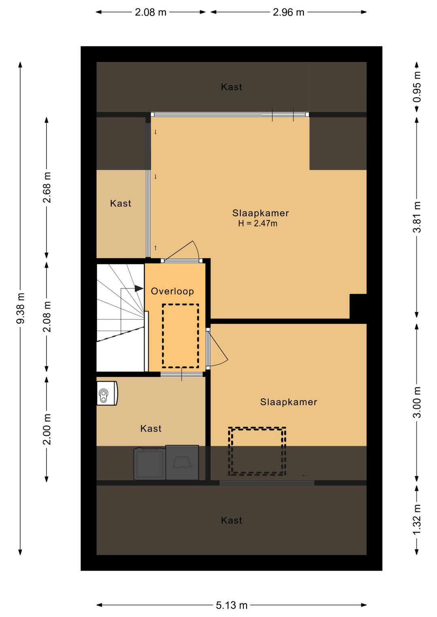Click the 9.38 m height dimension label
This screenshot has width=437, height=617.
pyautogui.click(x=21, y=308)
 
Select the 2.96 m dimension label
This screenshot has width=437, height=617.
pyautogui.click(x=289, y=12)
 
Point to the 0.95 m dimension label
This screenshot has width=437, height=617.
pyautogui.click(x=417, y=87)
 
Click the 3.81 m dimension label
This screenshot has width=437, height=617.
pyautogui.click(x=417, y=217)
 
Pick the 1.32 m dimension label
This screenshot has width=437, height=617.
pyautogui.click(x=417, y=519)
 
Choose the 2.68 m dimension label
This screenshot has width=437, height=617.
pyautogui.click(x=47, y=187)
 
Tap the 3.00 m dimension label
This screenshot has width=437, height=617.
pyautogui.click(x=417, y=402)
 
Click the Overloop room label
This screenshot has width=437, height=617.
pyautogui.click(x=172, y=292)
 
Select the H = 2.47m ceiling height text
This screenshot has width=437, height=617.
pyautogui.click(x=258, y=223)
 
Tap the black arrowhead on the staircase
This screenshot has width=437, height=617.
pyautogui.click(x=139, y=288)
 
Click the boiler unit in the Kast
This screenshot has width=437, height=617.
pyautogui.click(x=107, y=393)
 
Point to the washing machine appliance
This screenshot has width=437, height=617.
pyautogui.click(x=150, y=464)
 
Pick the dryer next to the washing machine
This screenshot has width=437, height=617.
pyautogui.click(x=182, y=463)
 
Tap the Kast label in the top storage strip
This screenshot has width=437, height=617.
pyautogui.click(x=231, y=87)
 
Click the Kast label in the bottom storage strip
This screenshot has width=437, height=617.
pyautogui.click(x=231, y=520)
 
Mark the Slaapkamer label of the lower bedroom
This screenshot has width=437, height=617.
pyautogui.click(x=289, y=402)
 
